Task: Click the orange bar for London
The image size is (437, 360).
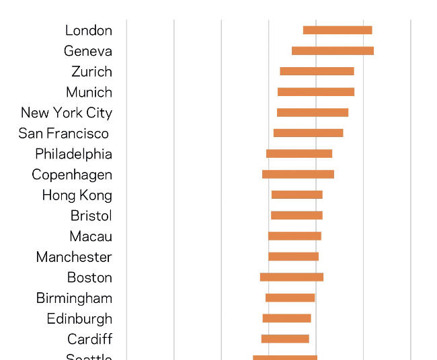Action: [337, 30]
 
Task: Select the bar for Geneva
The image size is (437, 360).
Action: [333, 51]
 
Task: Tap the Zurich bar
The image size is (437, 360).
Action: [317, 71]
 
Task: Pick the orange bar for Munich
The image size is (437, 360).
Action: [316, 92]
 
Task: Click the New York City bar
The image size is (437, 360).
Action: [313, 113]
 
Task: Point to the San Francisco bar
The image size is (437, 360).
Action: [309, 133]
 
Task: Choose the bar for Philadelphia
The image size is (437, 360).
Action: [299, 154]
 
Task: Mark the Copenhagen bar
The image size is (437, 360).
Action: [298, 175]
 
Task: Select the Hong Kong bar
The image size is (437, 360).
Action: [297, 195]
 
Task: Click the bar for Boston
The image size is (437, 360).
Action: [292, 277]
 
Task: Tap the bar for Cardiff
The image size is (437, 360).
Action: [285, 339]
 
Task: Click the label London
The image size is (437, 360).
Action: [89, 30]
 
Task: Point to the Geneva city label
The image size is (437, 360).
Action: [88, 51]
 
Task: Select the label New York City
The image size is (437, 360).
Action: [67, 113]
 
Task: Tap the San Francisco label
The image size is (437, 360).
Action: [64, 133]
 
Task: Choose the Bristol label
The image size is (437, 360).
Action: [91, 216]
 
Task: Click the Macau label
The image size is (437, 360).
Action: [91, 236]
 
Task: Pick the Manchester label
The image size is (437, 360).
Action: [74, 257]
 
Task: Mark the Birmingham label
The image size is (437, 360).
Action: [74, 298]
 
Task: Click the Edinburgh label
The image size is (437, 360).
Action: [79, 319]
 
